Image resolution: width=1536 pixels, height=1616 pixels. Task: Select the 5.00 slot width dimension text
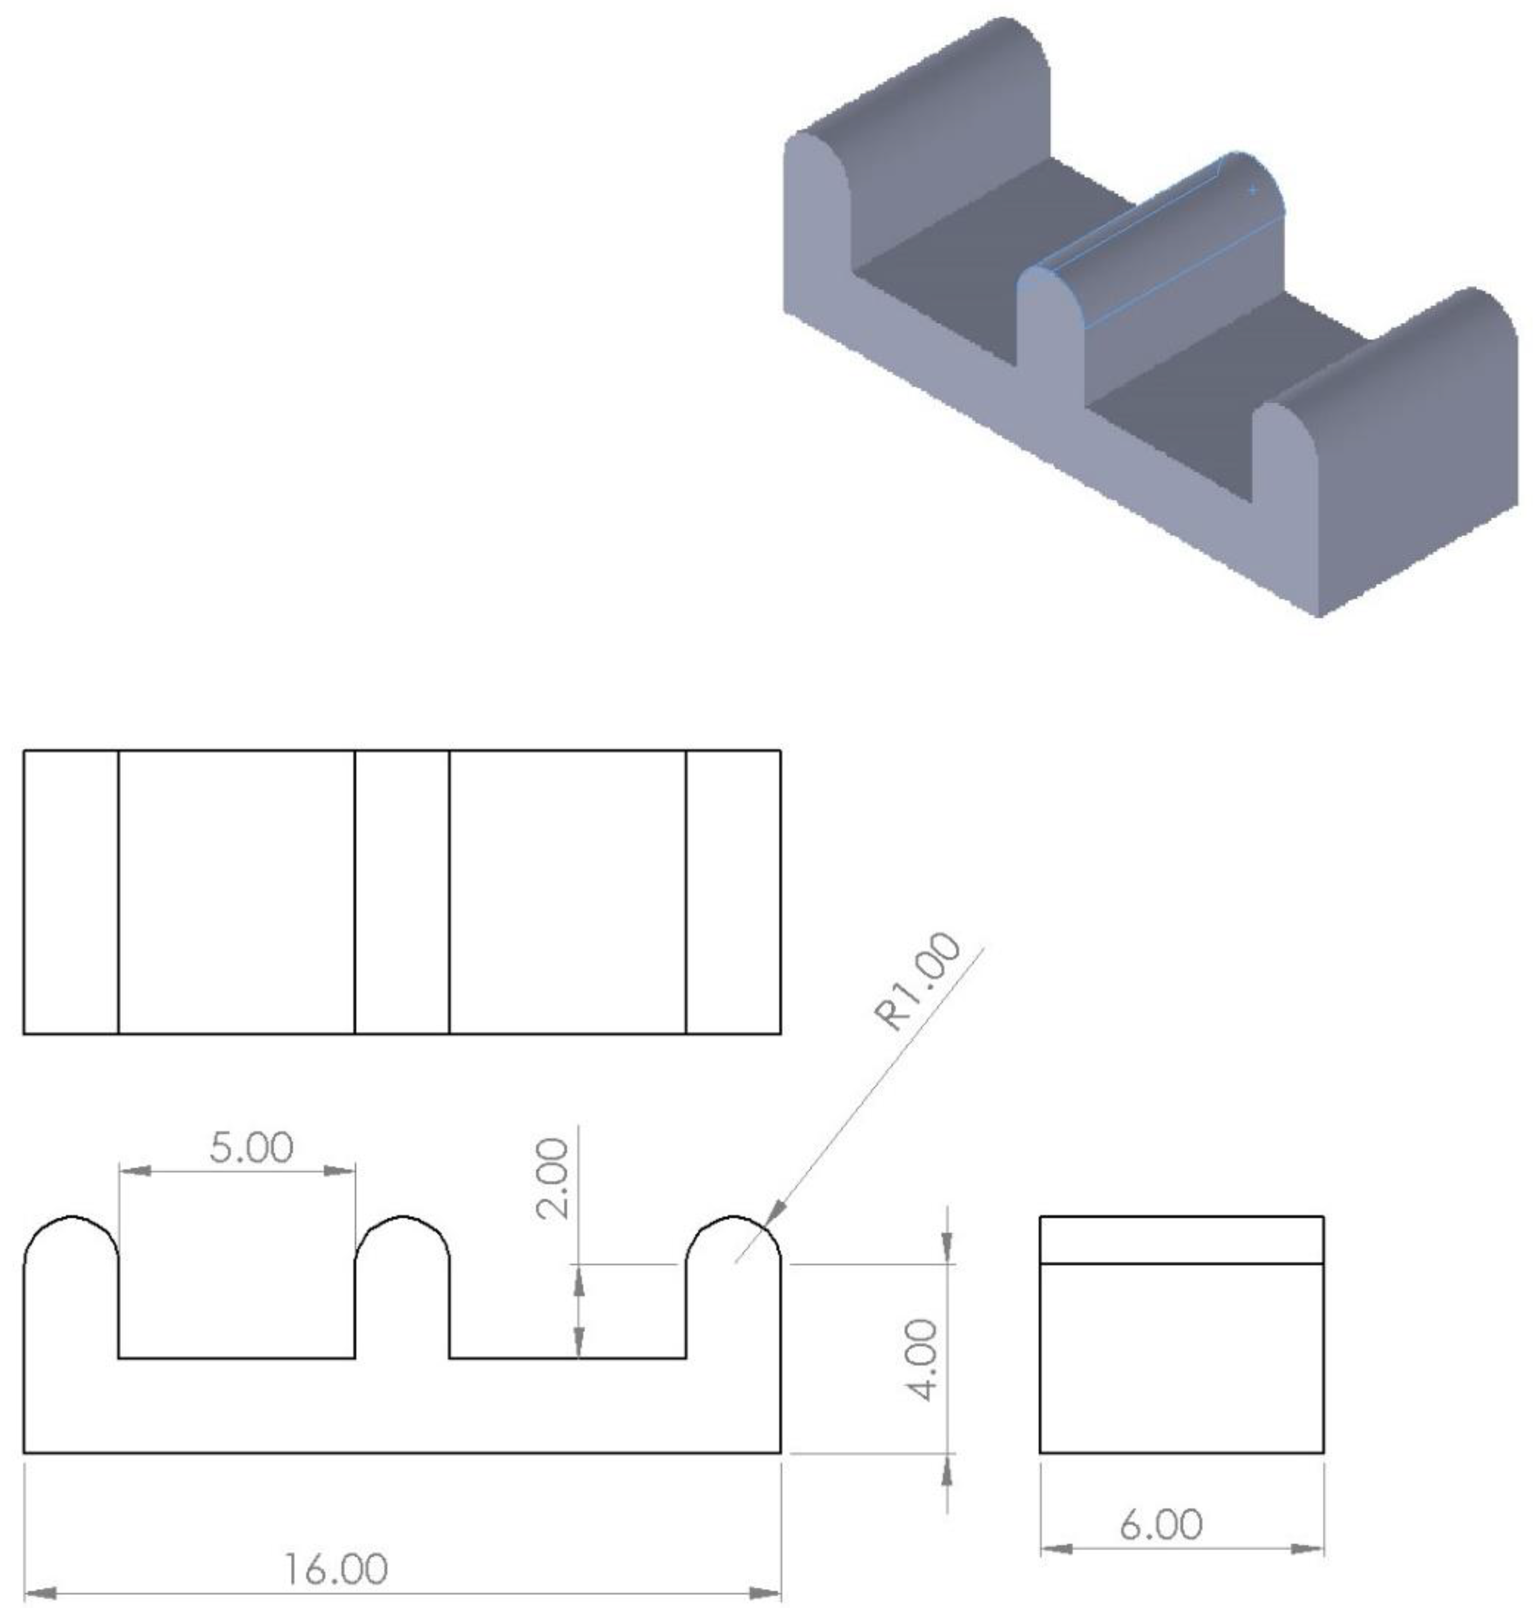(252, 1148)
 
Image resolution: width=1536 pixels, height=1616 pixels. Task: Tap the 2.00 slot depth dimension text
(553, 1179)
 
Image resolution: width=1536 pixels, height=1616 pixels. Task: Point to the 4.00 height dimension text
(925, 1360)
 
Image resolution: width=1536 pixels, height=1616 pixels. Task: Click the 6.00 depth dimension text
(1161, 1524)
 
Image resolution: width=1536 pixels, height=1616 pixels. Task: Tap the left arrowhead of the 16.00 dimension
(41, 1594)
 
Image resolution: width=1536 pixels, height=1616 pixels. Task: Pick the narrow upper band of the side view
(1181, 1240)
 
